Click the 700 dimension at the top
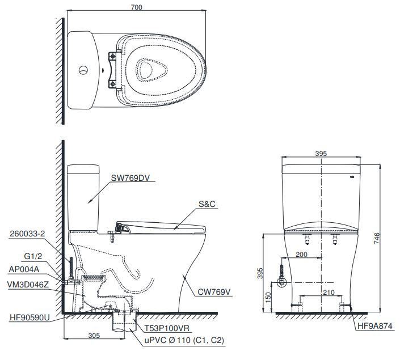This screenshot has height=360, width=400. [x=136, y=7]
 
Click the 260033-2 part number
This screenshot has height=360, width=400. [x=27, y=233]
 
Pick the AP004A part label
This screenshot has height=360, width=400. [x=25, y=269]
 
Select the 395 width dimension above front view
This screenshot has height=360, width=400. [x=322, y=154]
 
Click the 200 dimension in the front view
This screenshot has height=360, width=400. [x=301, y=255]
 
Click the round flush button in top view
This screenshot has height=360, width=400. [x=83, y=71]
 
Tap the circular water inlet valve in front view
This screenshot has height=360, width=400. [x=280, y=281]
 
